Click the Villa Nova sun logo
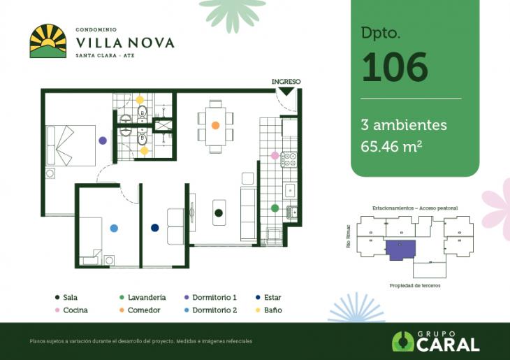coord(48,41)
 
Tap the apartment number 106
coord(394,67)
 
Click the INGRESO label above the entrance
coord(286,82)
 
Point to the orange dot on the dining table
coord(215,126)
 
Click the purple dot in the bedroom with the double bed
coord(103,141)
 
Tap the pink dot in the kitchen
coord(275,155)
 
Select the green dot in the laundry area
coord(275,208)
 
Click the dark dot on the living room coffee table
coord(218,213)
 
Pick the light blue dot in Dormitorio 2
coord(114,228)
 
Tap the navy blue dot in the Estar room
coord(154,227)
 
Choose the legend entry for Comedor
coord(139,310)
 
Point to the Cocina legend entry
coord(71,310)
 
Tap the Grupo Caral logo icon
coord(402,341)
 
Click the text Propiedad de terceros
coord(415,285)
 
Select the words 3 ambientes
coord(403,125)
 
